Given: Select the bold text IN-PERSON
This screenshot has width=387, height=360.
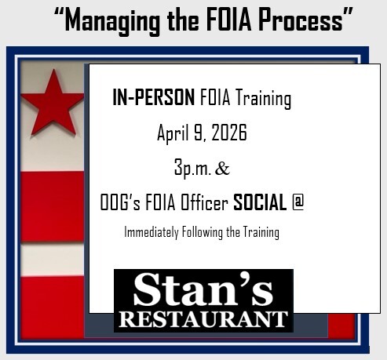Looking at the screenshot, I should (154, 100).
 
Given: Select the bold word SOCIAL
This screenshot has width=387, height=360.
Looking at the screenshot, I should (260, 203).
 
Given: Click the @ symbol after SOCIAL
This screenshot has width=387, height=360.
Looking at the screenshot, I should (298, 203).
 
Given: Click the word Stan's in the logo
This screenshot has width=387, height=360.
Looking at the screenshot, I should (203, 292).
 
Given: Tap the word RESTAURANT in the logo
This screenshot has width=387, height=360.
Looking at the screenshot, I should (203, 319).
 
